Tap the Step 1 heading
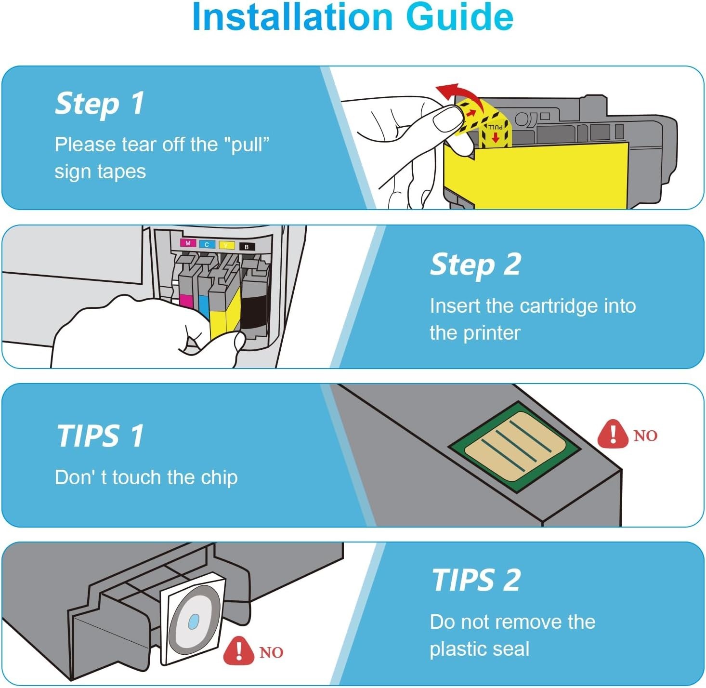(x=100, y=104)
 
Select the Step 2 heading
(x=475, y=265)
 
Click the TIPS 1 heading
(x=100, y=436)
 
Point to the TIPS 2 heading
(x=476, y=580)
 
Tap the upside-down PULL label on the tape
(x=495, y=127)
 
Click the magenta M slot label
(x=188, y=243)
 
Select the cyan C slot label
(x=207, y=245)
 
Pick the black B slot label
(x=247, y=247)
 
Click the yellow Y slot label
(x=227, y=246)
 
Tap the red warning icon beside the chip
(x=613, y=434)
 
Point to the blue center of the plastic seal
(x=194, y=622)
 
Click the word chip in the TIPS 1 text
(x=219, y=478)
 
